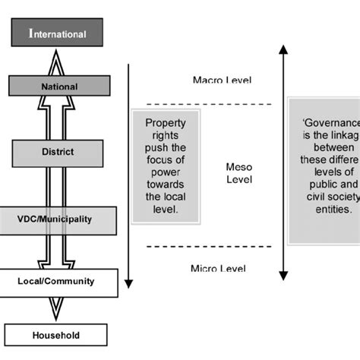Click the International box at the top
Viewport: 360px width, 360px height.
point(57,33)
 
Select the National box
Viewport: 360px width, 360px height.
point(58,87)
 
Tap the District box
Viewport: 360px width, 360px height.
point(58,152)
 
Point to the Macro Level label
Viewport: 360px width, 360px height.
point(222,80)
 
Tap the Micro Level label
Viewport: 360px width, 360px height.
point(220,268)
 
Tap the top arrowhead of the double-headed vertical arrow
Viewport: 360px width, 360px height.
point(283,51)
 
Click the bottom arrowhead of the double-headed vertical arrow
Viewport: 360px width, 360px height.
point(283,276)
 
